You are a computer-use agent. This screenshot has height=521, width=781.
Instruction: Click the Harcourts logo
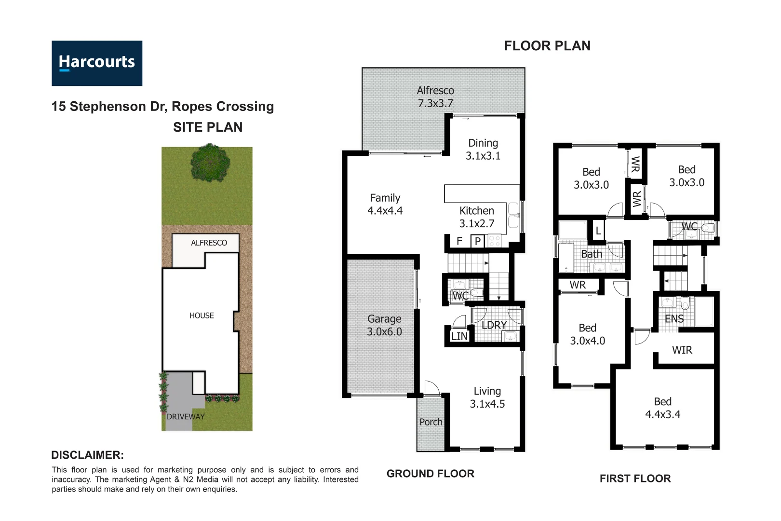(97, 63)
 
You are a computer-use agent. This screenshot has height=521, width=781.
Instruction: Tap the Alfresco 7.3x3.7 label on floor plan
(435, 96)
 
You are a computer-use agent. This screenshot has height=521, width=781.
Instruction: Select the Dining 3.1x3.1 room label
(483, 149)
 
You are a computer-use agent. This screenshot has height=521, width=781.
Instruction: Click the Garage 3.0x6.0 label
(384, 325)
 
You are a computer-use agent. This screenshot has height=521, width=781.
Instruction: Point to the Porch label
(431, 422)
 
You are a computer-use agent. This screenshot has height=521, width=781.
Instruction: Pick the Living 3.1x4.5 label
(487, 398)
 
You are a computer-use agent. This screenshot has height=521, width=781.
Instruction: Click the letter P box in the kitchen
(477, 241)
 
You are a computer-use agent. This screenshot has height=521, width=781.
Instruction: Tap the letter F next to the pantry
(459, 241)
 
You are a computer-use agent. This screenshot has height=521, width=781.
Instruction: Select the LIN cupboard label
(459, 336)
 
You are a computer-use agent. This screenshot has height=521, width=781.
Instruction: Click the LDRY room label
(494, 325)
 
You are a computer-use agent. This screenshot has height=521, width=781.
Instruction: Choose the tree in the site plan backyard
(210, 163)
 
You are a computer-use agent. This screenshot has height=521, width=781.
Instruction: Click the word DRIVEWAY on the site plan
(186, 416)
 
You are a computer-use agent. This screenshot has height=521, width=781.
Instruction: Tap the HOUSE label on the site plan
(202, 315)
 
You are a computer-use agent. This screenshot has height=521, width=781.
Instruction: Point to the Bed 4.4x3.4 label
(662, 408)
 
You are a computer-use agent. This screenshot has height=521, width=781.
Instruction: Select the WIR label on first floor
(682, 350)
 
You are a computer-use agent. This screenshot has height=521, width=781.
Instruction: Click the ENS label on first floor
(674, 319)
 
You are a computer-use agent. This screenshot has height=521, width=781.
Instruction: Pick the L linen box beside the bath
(598, 231)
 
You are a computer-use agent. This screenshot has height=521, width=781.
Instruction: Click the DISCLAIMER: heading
(87, 455)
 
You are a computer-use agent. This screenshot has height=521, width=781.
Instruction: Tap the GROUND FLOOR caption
(430, 474)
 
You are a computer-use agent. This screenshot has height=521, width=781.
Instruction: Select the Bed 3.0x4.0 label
(587, 334)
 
